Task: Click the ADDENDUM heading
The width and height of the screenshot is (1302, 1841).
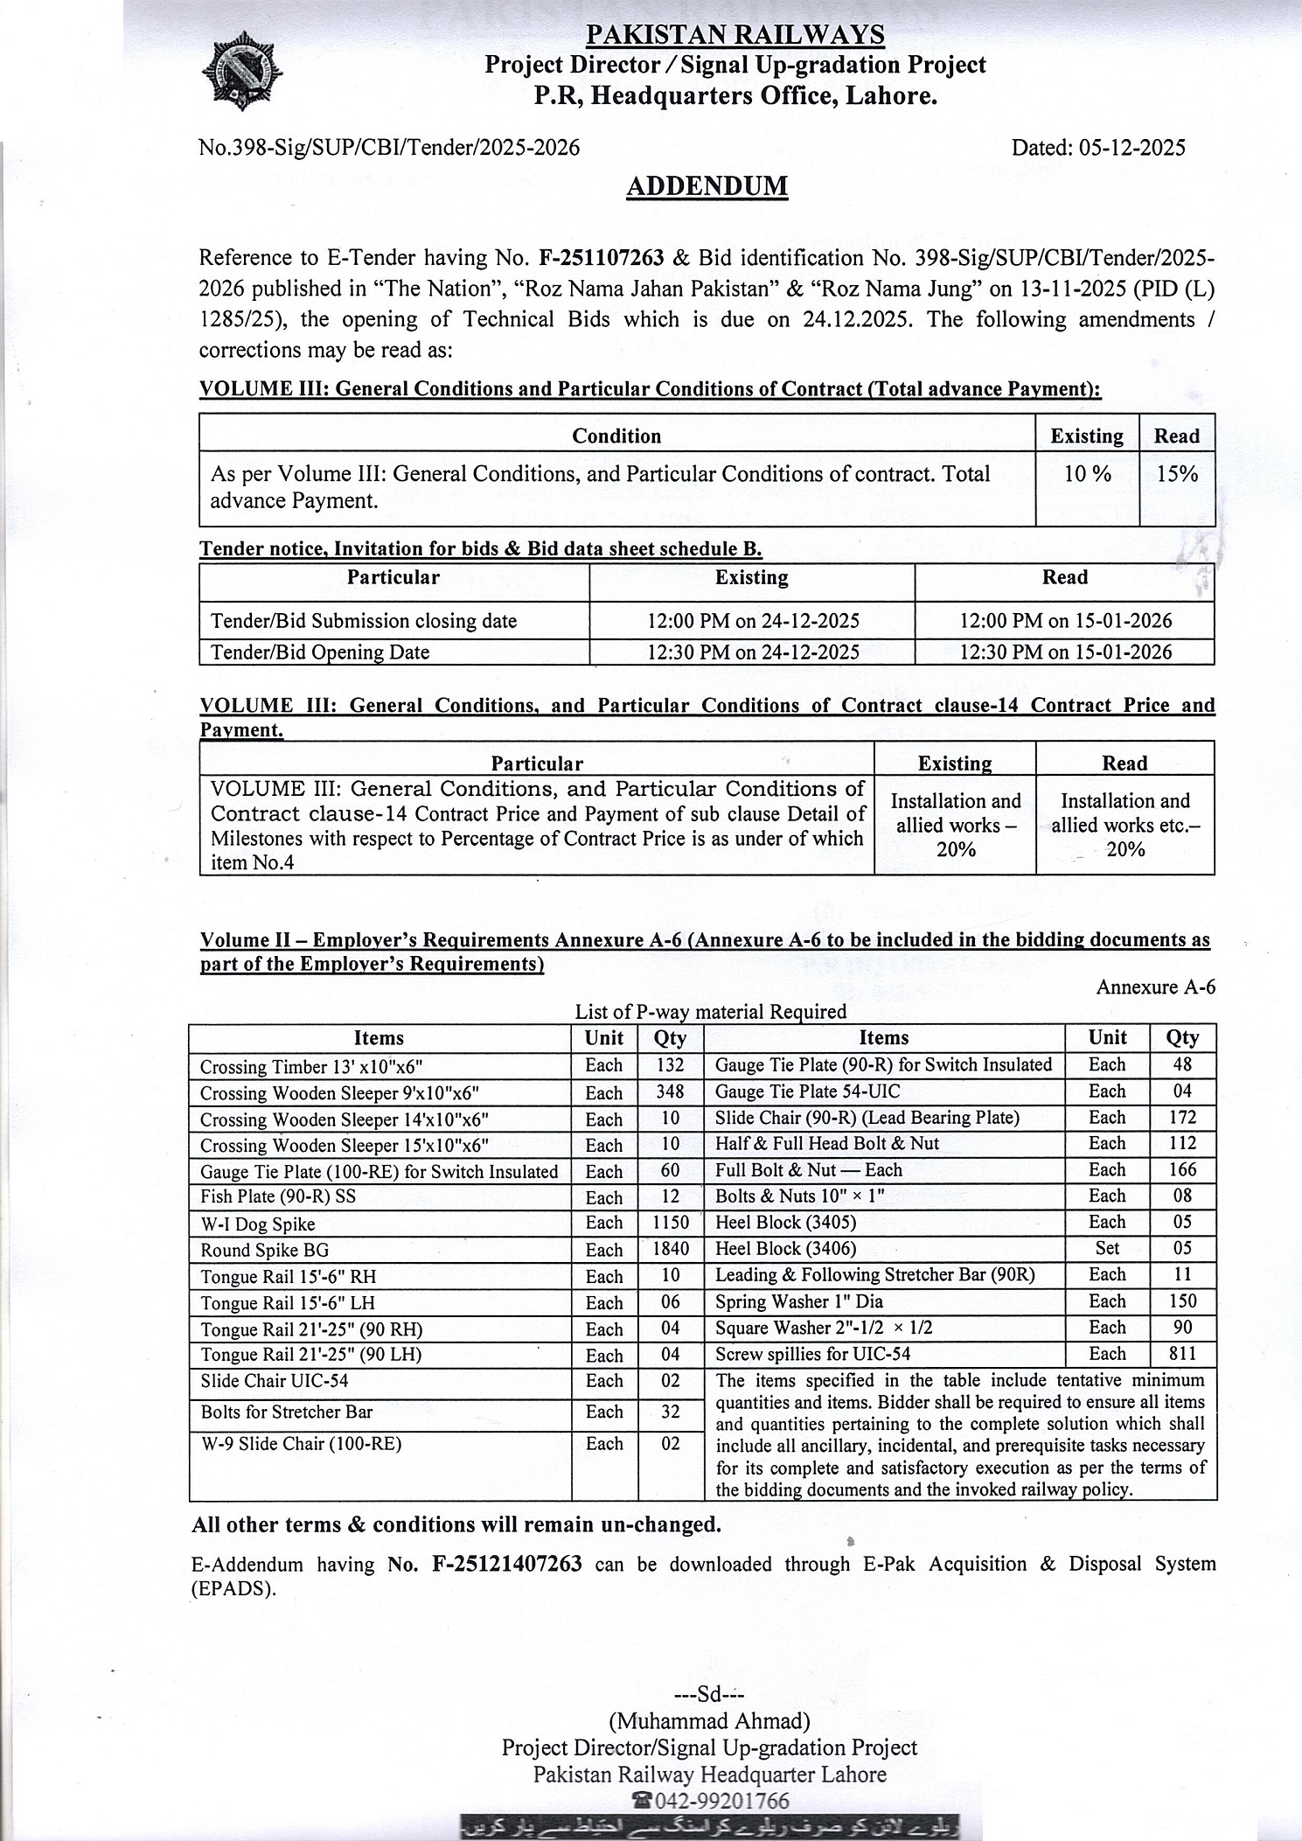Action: click(707, 186)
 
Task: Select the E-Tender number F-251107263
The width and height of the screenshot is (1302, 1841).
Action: click(602, 257)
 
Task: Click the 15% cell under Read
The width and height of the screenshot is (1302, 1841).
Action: click(1176, 474)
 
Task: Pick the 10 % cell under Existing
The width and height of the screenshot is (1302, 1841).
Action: click(1087, 474)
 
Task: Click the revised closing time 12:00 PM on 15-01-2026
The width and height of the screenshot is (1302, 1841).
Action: click(1065, 621)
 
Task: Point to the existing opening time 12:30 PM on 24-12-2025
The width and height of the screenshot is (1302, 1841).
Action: click(752, 652)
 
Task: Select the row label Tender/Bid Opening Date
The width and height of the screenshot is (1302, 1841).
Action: click(320, 652)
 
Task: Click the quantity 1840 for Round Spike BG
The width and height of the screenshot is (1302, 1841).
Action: click(670, 1250)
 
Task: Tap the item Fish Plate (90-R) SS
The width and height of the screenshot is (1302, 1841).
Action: click(278, 1197)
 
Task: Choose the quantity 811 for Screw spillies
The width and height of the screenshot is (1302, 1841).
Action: click(1182, 1354)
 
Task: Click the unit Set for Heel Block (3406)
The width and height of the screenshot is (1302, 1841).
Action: click(1107, 1248)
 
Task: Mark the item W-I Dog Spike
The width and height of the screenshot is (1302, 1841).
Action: click(258, 1224)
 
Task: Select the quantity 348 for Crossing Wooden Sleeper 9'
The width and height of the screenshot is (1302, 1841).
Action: click(670, 1092)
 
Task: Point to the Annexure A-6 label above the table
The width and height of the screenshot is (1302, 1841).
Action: click(1155, 987)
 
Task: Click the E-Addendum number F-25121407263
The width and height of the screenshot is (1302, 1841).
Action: click(506, 1564)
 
